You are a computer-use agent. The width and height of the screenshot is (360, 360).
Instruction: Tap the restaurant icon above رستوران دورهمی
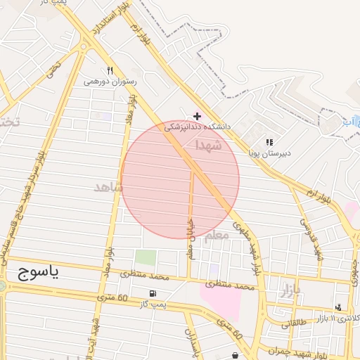coord(110,70)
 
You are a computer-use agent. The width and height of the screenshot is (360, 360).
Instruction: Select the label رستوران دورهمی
coord(110,82)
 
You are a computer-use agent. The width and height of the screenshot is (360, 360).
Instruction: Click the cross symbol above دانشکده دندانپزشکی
coord(197,116)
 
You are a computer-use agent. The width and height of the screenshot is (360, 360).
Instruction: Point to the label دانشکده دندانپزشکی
coord(198,127)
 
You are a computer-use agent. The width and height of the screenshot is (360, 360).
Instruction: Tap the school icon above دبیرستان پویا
coord(269,142)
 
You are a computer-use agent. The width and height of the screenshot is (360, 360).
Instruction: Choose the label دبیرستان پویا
coord(269,152)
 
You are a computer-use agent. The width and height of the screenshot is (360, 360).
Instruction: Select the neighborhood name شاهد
coord(108,187)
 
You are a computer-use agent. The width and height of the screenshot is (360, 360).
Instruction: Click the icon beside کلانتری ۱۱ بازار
coord(338,308)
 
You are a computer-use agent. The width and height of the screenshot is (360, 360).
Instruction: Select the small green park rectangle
coord(145,258)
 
